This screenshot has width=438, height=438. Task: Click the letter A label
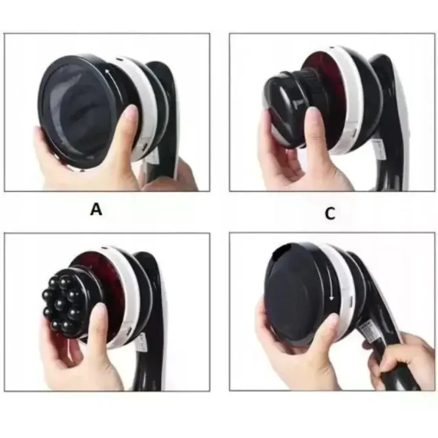point(96,209)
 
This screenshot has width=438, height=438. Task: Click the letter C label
point(330,214)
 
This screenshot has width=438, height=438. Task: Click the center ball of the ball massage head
point(60,304)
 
